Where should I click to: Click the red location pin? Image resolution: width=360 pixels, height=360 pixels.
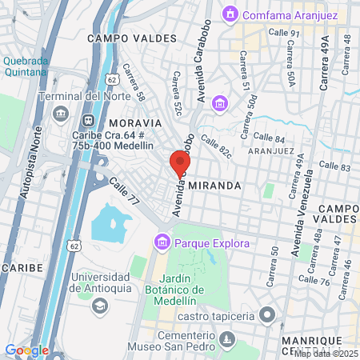click(176, 163)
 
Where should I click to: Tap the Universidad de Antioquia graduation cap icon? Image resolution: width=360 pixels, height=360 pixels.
click(99, 306)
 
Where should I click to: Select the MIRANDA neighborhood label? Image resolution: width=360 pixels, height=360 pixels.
click(216, 185)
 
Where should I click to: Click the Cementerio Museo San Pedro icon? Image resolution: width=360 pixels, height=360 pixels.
click(228, 340)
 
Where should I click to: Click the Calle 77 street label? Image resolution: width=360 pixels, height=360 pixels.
click(124, 193)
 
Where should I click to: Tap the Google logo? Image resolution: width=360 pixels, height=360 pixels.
click(26, 350)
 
